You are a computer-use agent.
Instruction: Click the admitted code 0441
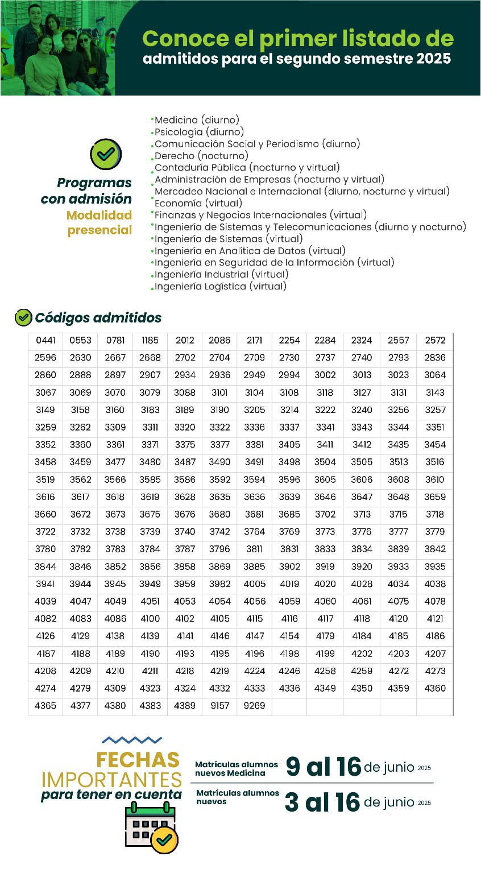pyautogui.click(x=45, y=340)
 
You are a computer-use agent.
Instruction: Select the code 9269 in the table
pyautogui.click(x=254, y=705)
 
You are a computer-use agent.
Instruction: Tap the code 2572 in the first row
pyautogui.click(x=435, y=340)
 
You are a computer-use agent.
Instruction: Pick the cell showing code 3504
pyautogui.click(x=325, y=462)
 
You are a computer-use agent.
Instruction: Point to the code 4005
pyautogui.click(x=254, y=584)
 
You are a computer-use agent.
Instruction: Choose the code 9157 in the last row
pyautogui.click(x=219, y=705)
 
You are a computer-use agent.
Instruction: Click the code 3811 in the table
pyautogui.click(x=254, y=549)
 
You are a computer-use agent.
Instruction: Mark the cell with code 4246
pyautogui.click(x=289, y=671)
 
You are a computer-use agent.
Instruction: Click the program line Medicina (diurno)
pyautogui.click(x=197, y=120)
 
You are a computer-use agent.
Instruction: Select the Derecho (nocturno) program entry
pyautogui.click(x=201, y=155)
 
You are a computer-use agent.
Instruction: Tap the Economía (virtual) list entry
pyautogui.click(x=198, y=203)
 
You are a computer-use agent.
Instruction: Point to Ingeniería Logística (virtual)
pyautogui.click(x=221, y=286)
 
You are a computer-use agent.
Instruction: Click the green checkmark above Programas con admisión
pyautogui.click(x=106, y=154)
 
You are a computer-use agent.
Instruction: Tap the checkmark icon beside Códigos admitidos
pyautogui.click(x=23, y=317)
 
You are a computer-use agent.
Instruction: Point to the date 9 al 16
pyautogui.click(x=323, y=767)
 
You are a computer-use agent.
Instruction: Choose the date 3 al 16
pyautogui.click(x=322, y=802)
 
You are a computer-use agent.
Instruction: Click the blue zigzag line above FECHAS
pyautogui.click(x=132, y=740)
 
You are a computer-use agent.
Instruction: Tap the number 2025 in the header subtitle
pyautogui.click(x=433, y=58)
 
